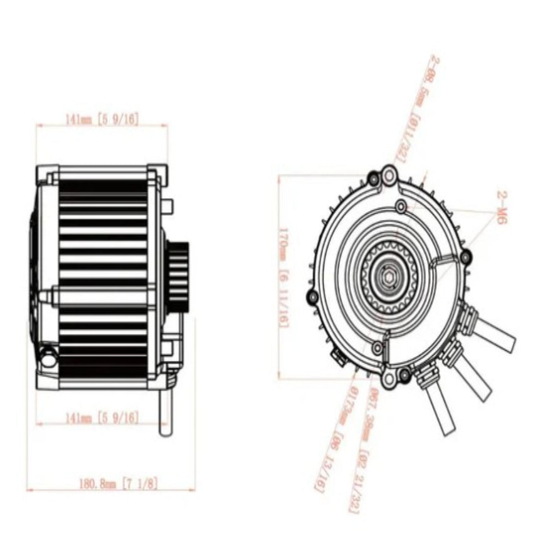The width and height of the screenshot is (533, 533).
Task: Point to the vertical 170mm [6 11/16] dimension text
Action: [284, 277]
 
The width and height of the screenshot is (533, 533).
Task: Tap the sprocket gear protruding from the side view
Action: [179, 276]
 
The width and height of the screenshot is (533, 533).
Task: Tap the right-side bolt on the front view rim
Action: [465, 256]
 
